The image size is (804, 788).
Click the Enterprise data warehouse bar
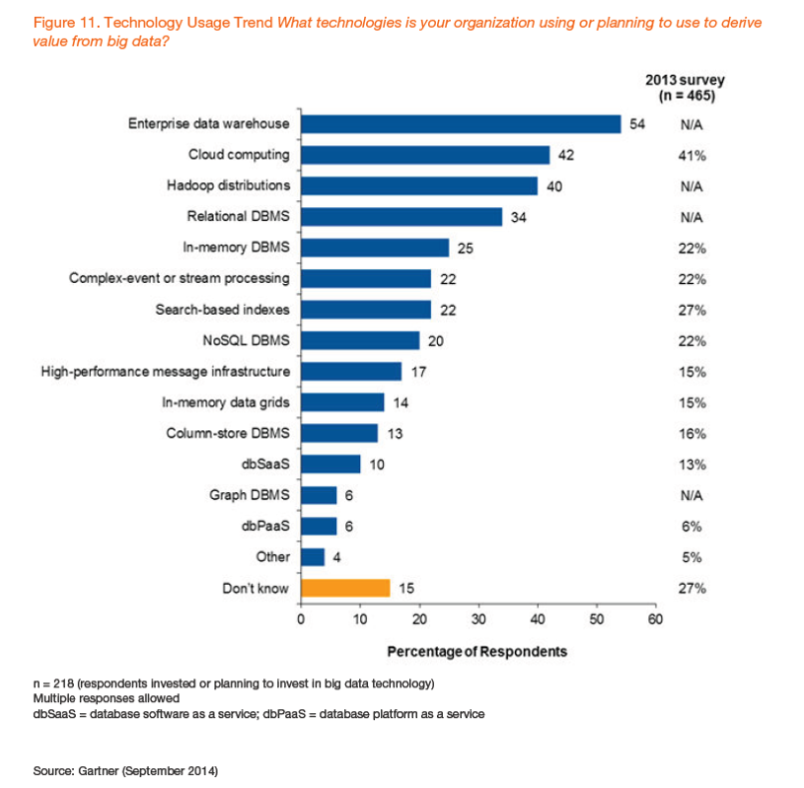461,124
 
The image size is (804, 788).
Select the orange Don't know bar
345,588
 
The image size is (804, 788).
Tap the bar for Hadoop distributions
419,186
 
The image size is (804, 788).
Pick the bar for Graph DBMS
319,495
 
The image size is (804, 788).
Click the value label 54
637,124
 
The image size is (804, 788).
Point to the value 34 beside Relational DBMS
518,217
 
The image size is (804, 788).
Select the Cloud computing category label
239,155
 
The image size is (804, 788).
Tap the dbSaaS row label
267,464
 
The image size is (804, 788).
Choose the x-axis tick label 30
478,619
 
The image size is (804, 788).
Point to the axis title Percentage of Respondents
476,651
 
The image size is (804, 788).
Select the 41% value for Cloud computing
693,155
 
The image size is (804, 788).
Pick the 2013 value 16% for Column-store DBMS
693,433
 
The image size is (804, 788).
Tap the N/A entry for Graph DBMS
692,495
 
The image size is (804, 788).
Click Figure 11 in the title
67,22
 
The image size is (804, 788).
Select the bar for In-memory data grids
342,402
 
